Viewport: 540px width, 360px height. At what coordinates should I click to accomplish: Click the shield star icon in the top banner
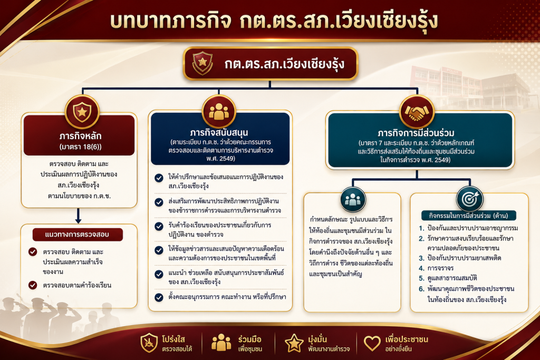202,63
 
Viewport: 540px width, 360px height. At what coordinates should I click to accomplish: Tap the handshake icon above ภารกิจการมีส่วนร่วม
417,112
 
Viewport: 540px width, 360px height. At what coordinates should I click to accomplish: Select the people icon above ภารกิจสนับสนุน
219,112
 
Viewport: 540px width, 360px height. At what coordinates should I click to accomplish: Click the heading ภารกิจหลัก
80,135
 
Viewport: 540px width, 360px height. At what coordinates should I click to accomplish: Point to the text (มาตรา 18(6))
80,147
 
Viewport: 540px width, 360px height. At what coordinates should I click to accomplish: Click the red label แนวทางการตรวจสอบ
78,235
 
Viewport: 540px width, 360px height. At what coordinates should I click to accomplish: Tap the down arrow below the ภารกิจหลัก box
78,216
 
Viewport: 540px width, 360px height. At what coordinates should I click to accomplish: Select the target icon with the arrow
470,199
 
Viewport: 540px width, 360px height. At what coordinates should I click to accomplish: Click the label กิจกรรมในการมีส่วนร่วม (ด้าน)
469,216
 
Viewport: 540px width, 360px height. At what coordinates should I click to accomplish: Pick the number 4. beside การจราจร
421,268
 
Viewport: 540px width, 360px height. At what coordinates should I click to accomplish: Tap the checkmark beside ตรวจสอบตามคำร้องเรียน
33,285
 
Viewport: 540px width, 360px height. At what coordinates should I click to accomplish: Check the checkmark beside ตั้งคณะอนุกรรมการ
159,297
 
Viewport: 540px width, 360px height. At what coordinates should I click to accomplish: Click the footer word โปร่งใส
173,339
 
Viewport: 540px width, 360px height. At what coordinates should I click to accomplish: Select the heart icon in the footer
372,343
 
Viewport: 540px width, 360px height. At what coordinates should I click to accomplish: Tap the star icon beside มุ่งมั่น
294,343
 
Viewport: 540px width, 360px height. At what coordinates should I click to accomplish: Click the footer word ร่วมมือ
249,339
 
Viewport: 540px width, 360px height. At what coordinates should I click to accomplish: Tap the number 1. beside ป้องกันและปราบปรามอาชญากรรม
421,228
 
